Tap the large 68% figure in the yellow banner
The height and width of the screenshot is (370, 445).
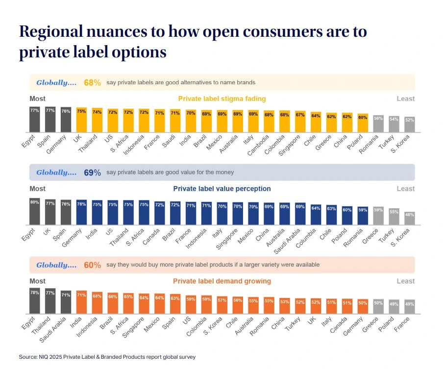click(x=92, y=83)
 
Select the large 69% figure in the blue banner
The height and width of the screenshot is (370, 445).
click(x=92, y=173)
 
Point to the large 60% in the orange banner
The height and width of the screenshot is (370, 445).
click(x=92, y=265)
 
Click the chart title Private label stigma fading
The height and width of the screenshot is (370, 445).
click(x=222, y=99)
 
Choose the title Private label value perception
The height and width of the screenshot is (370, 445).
click(x=222, y=189)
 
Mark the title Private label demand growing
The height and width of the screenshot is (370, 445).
click(x=222, y=281)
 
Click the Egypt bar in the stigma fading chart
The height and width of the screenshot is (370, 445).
click(x=34, y=120)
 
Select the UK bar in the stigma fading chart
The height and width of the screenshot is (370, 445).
click(x=81, y=121)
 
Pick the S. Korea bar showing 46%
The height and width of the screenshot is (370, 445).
click(x=410, y=219)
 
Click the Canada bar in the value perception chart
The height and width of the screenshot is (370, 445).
click(x=160, y=213)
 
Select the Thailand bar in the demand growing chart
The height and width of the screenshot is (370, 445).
click(x=50, y=301)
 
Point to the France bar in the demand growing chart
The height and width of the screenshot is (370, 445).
click(x=410, y=306)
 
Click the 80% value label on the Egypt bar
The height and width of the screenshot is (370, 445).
click(x=34, y=202)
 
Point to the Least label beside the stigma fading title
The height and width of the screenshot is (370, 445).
click(x=405, y=99)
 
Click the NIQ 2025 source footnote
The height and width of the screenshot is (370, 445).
click(x=107, y=357)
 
